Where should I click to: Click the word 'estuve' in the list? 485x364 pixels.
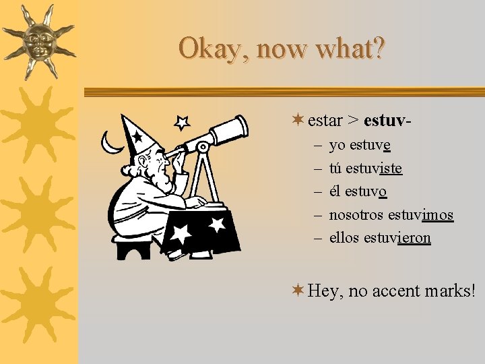tap(370, 145)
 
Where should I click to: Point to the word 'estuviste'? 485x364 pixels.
tap(374, 168)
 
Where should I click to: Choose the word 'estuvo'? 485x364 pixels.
tap(366, 191)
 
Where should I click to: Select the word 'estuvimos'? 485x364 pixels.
tap(420, 215)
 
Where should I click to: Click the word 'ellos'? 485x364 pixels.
tap(344, 238)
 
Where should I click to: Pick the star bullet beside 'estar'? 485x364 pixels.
tap(298, 120)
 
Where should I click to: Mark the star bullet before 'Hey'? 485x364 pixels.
tap(298, 290)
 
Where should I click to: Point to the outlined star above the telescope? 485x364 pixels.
tap(182, 122)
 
